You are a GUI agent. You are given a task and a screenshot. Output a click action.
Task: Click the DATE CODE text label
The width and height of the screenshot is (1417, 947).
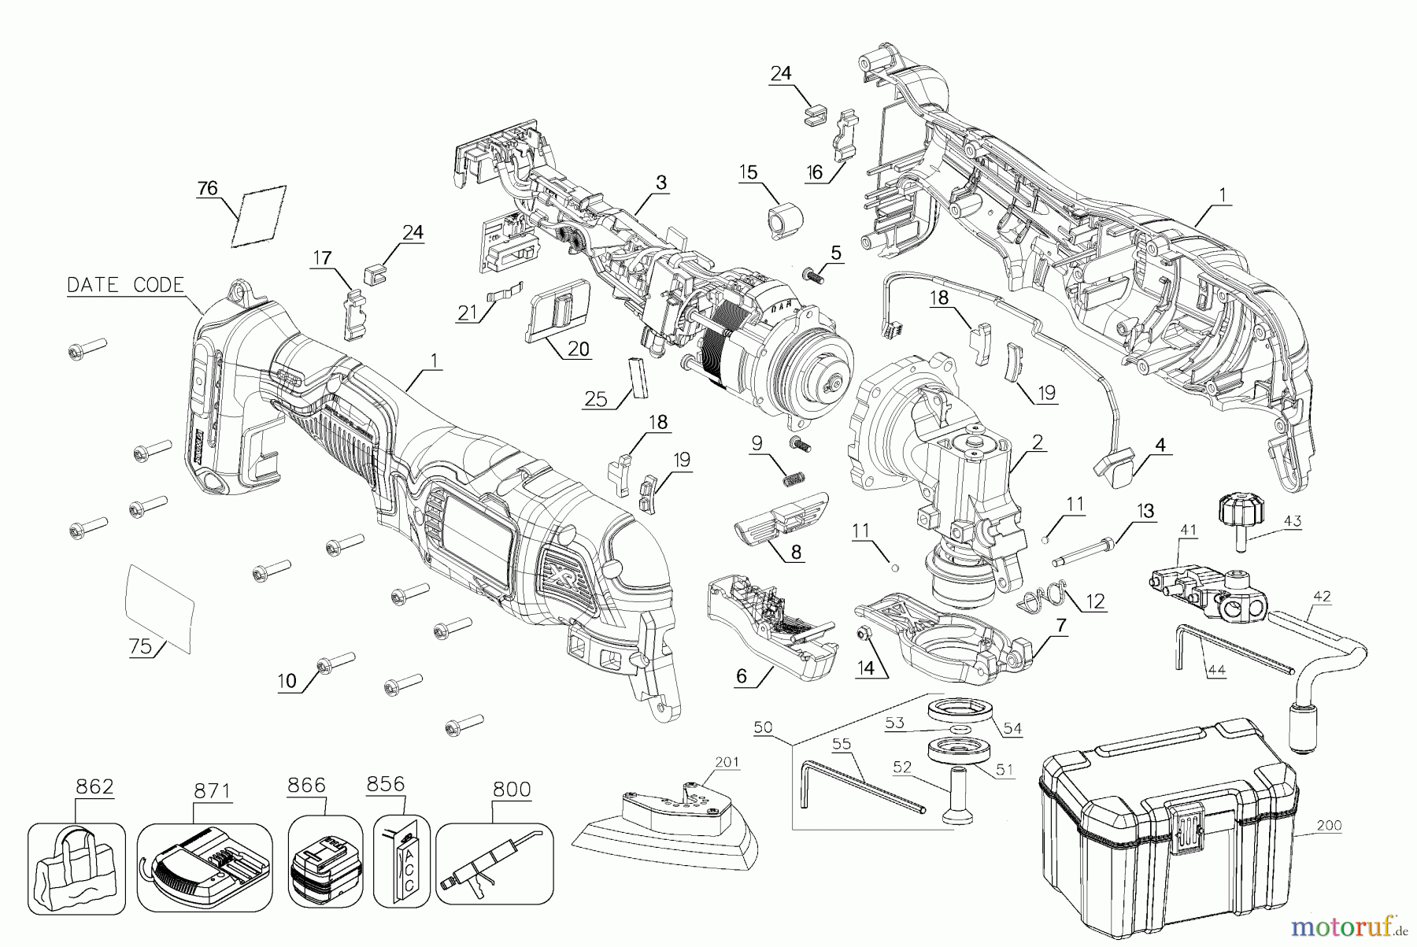(x=125, y=285)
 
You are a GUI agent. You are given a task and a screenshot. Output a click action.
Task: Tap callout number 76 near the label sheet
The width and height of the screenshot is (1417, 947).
(x=207, y=188)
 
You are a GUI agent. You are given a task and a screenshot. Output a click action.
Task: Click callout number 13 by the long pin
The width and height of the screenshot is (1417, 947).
(x=1144, y=511)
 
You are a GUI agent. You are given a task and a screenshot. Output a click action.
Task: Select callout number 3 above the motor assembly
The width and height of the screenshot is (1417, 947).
(x=660, y=183)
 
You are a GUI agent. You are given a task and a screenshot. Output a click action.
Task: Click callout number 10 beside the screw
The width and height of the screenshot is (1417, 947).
(x=287, y=680)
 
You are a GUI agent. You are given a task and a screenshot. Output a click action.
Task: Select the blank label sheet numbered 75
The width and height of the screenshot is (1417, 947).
(x=160, y=608)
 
